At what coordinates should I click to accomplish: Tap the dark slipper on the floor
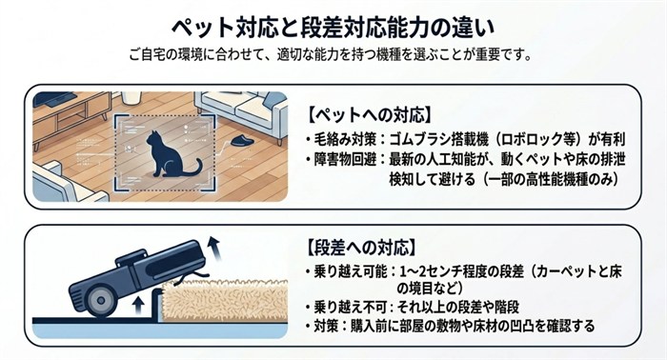(242, 141)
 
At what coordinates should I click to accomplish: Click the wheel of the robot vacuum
(100, 301)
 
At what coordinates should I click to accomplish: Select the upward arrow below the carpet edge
(137, 306)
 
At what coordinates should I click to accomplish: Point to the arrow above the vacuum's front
(212, 250)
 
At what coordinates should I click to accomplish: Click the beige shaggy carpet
(225, 300)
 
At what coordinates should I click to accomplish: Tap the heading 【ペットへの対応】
(369, 114)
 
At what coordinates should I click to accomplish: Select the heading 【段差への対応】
(360, 248)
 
